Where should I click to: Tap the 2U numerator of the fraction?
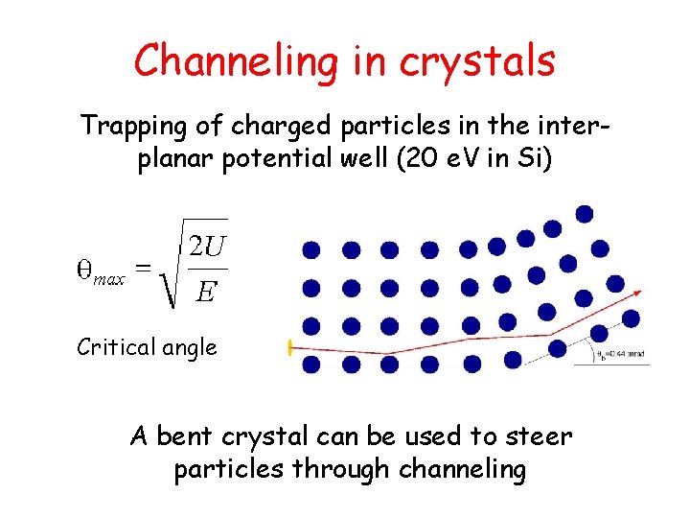click(206, 247)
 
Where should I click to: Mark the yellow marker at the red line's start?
click(289, 347)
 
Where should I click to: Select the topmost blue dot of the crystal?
click(584, 213)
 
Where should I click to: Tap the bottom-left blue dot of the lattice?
click(311, 364)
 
